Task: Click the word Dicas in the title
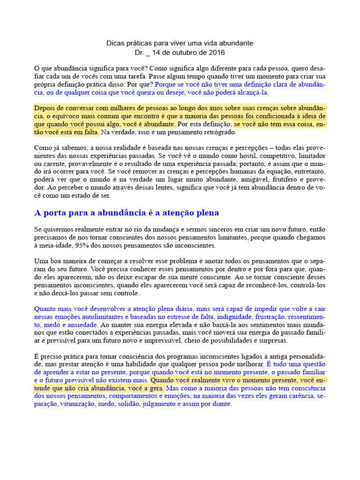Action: click(x=115, y=43)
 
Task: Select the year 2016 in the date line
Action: click(x=217, y=52)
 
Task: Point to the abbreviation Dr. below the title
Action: click(x=139, y=52)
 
